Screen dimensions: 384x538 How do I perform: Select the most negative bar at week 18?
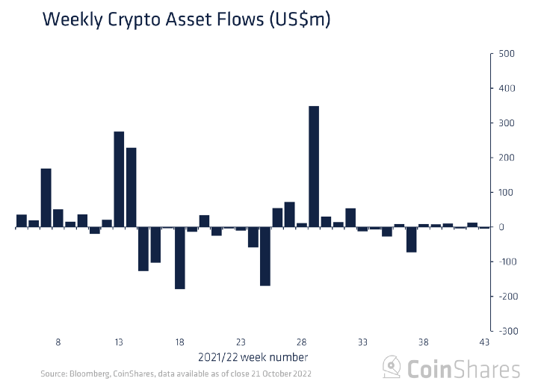(180, 258)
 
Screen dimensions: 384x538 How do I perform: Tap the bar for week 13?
(119, 179)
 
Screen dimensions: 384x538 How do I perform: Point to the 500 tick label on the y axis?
(507, 54)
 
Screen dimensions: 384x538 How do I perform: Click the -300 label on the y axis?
(504, 330)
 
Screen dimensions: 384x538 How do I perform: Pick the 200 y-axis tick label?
(507, 158)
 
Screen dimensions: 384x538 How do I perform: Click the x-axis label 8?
(58, 342)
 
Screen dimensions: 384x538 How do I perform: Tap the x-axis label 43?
(484, 342)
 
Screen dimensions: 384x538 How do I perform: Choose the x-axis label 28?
(302, 342)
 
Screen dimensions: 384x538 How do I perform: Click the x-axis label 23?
(241, 342)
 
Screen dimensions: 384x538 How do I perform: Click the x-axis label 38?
(424, 342)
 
